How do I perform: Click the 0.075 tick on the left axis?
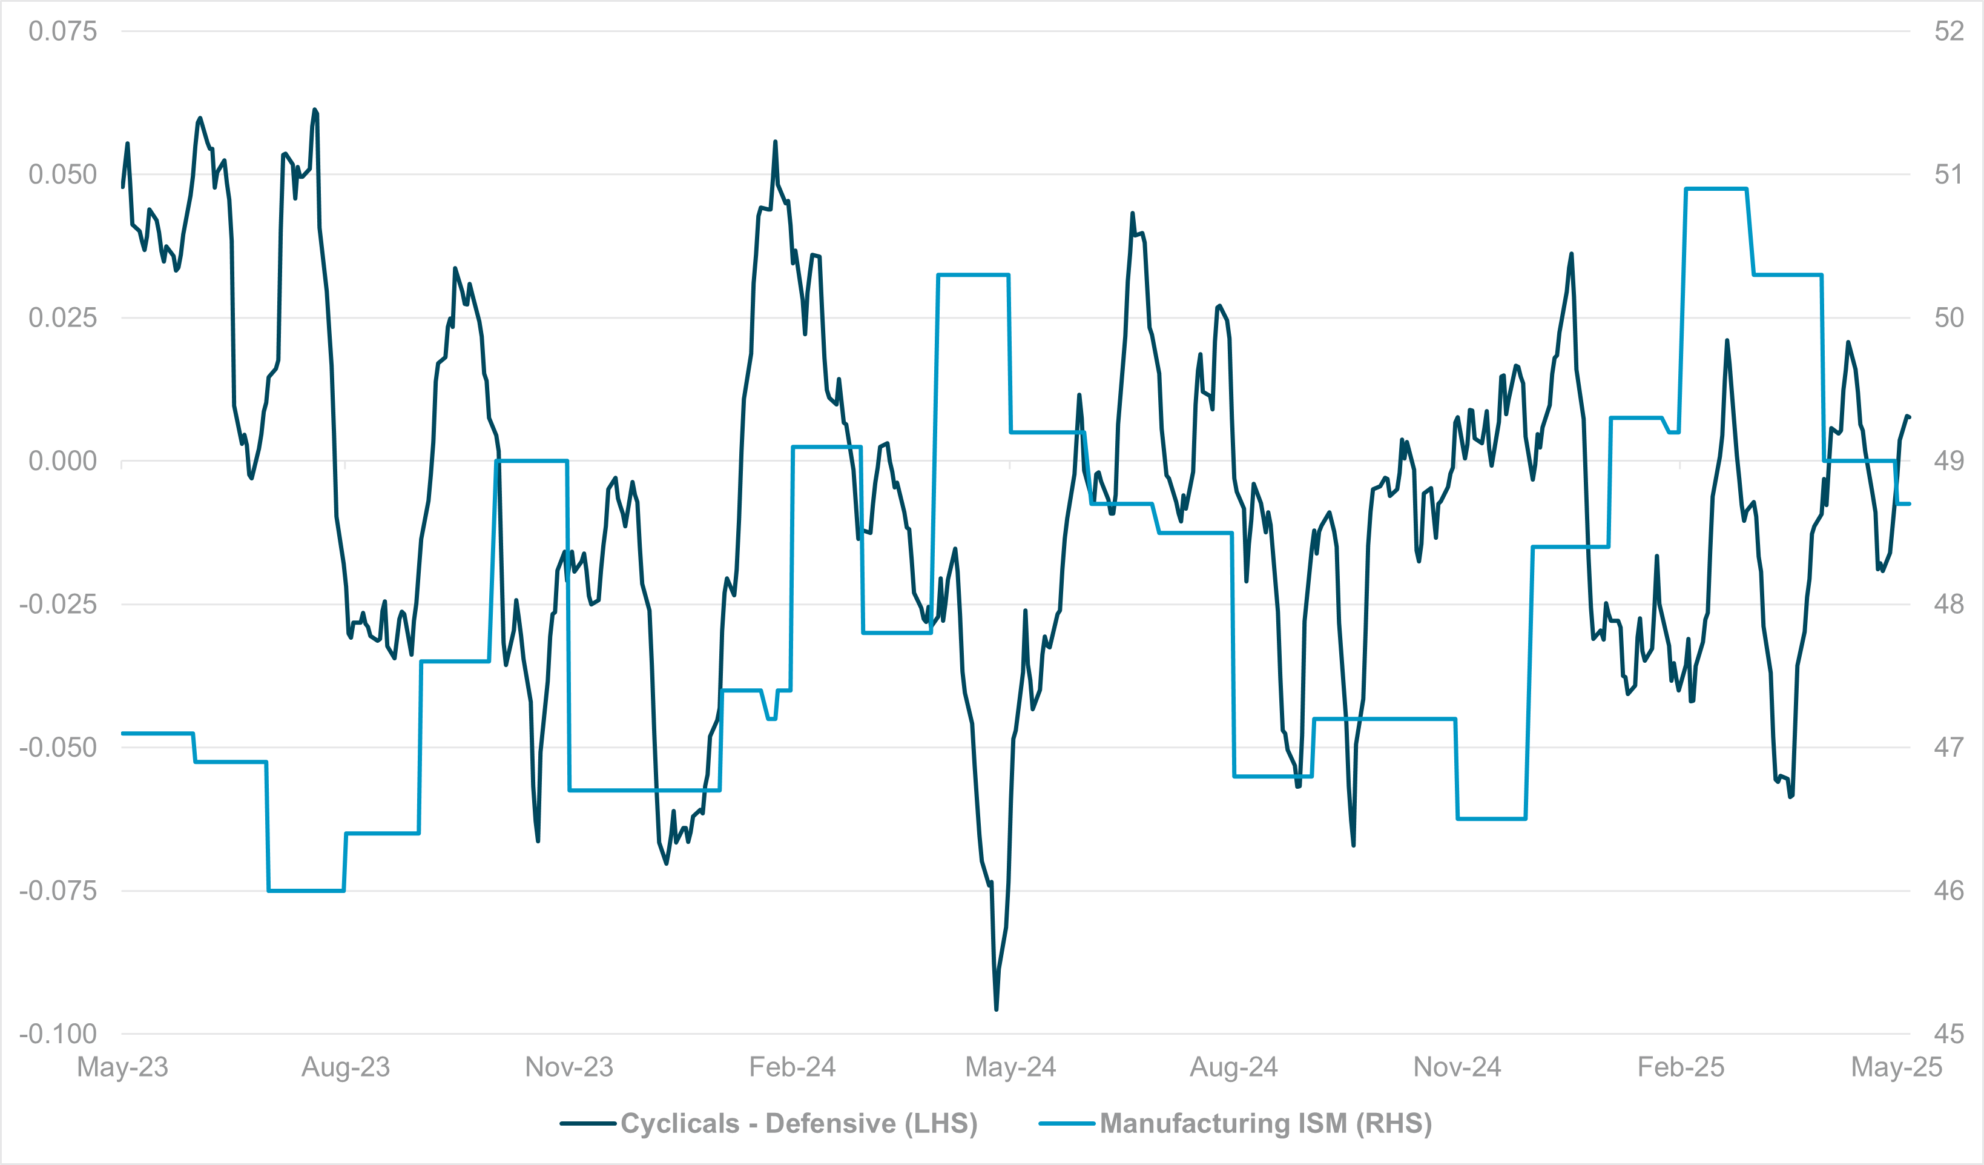coord(62,32)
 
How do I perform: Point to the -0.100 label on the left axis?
coord(58,1034)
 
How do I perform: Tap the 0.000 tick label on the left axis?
coord(62,461)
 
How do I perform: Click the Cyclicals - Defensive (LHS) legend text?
coord(799,1123)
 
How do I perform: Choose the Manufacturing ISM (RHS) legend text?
coord(1265,1123)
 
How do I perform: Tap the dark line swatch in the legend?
coord(587,1123)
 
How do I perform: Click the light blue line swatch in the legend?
coord(1066,1123)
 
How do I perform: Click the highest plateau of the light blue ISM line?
coord(1716,189)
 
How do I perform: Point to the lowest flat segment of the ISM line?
coord(306,891)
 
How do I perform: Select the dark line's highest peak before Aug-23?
coord(314,110)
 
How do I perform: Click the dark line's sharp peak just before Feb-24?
coord(775,142)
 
